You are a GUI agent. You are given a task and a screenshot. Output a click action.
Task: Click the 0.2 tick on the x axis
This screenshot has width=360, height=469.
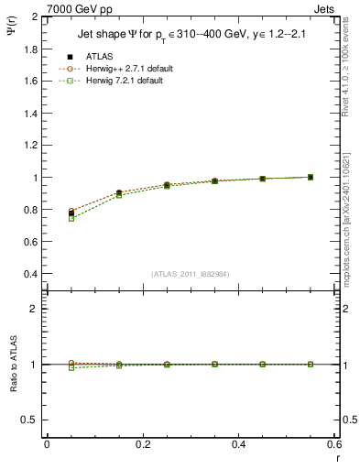click(x=142, y=444)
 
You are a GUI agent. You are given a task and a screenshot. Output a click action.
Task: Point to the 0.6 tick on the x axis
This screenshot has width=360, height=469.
click(x=334, y=444)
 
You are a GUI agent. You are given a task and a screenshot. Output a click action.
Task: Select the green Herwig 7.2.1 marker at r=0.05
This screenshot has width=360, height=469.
click(x=71, y=219)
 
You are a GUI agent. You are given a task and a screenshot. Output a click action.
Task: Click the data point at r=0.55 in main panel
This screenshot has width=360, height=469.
click(x=311, y=177)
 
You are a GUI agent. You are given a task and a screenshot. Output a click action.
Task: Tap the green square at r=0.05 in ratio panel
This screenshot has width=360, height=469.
click(x=71, y=367)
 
